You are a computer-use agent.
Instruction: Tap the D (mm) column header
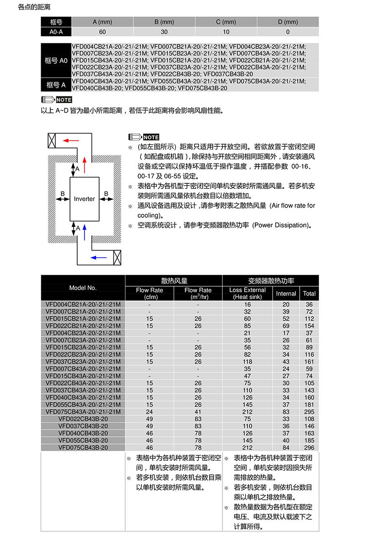288,22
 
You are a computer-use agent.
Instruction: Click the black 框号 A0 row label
56,60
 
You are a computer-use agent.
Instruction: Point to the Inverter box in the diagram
85,199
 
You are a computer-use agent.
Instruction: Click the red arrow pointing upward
85,162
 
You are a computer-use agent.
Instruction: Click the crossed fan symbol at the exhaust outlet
51,140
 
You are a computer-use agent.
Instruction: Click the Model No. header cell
83,288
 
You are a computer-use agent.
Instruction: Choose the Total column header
309,294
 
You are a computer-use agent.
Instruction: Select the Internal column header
286,294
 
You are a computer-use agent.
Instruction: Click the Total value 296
309,448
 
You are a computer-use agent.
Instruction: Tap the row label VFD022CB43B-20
83,418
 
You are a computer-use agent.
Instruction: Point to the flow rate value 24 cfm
150,411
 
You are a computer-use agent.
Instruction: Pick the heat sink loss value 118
248,361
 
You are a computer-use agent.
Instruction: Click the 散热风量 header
174,281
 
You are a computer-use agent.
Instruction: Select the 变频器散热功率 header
271,281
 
